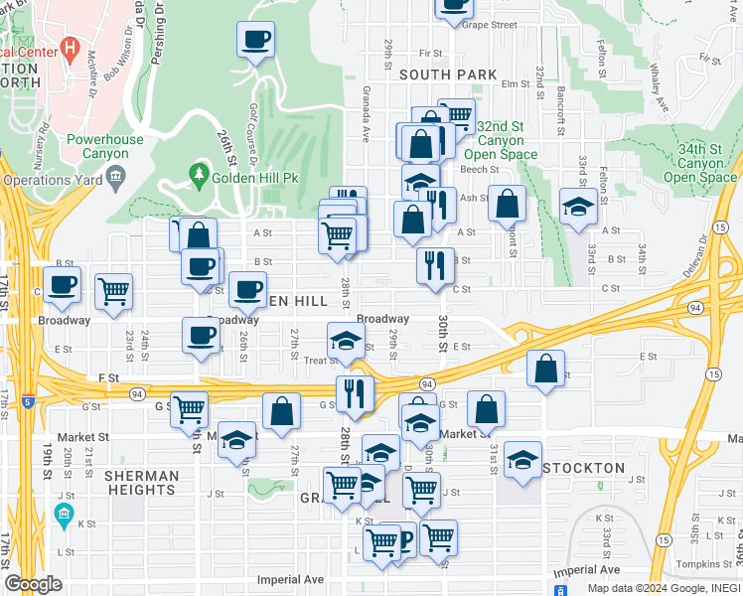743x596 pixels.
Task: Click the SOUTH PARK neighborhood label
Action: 448,74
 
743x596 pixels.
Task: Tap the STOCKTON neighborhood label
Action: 584,468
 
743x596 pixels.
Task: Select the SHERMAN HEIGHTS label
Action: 141,483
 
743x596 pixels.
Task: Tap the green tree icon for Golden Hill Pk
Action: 200,176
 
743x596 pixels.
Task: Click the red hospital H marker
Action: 70,47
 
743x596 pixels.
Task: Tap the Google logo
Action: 33,584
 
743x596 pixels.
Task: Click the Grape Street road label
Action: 490,25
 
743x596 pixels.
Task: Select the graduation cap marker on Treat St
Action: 346,340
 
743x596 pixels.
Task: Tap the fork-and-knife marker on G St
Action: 354,393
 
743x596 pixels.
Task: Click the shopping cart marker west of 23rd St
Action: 114,292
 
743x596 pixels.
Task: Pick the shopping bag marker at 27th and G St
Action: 282,410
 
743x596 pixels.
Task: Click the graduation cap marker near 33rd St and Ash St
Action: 577,207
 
